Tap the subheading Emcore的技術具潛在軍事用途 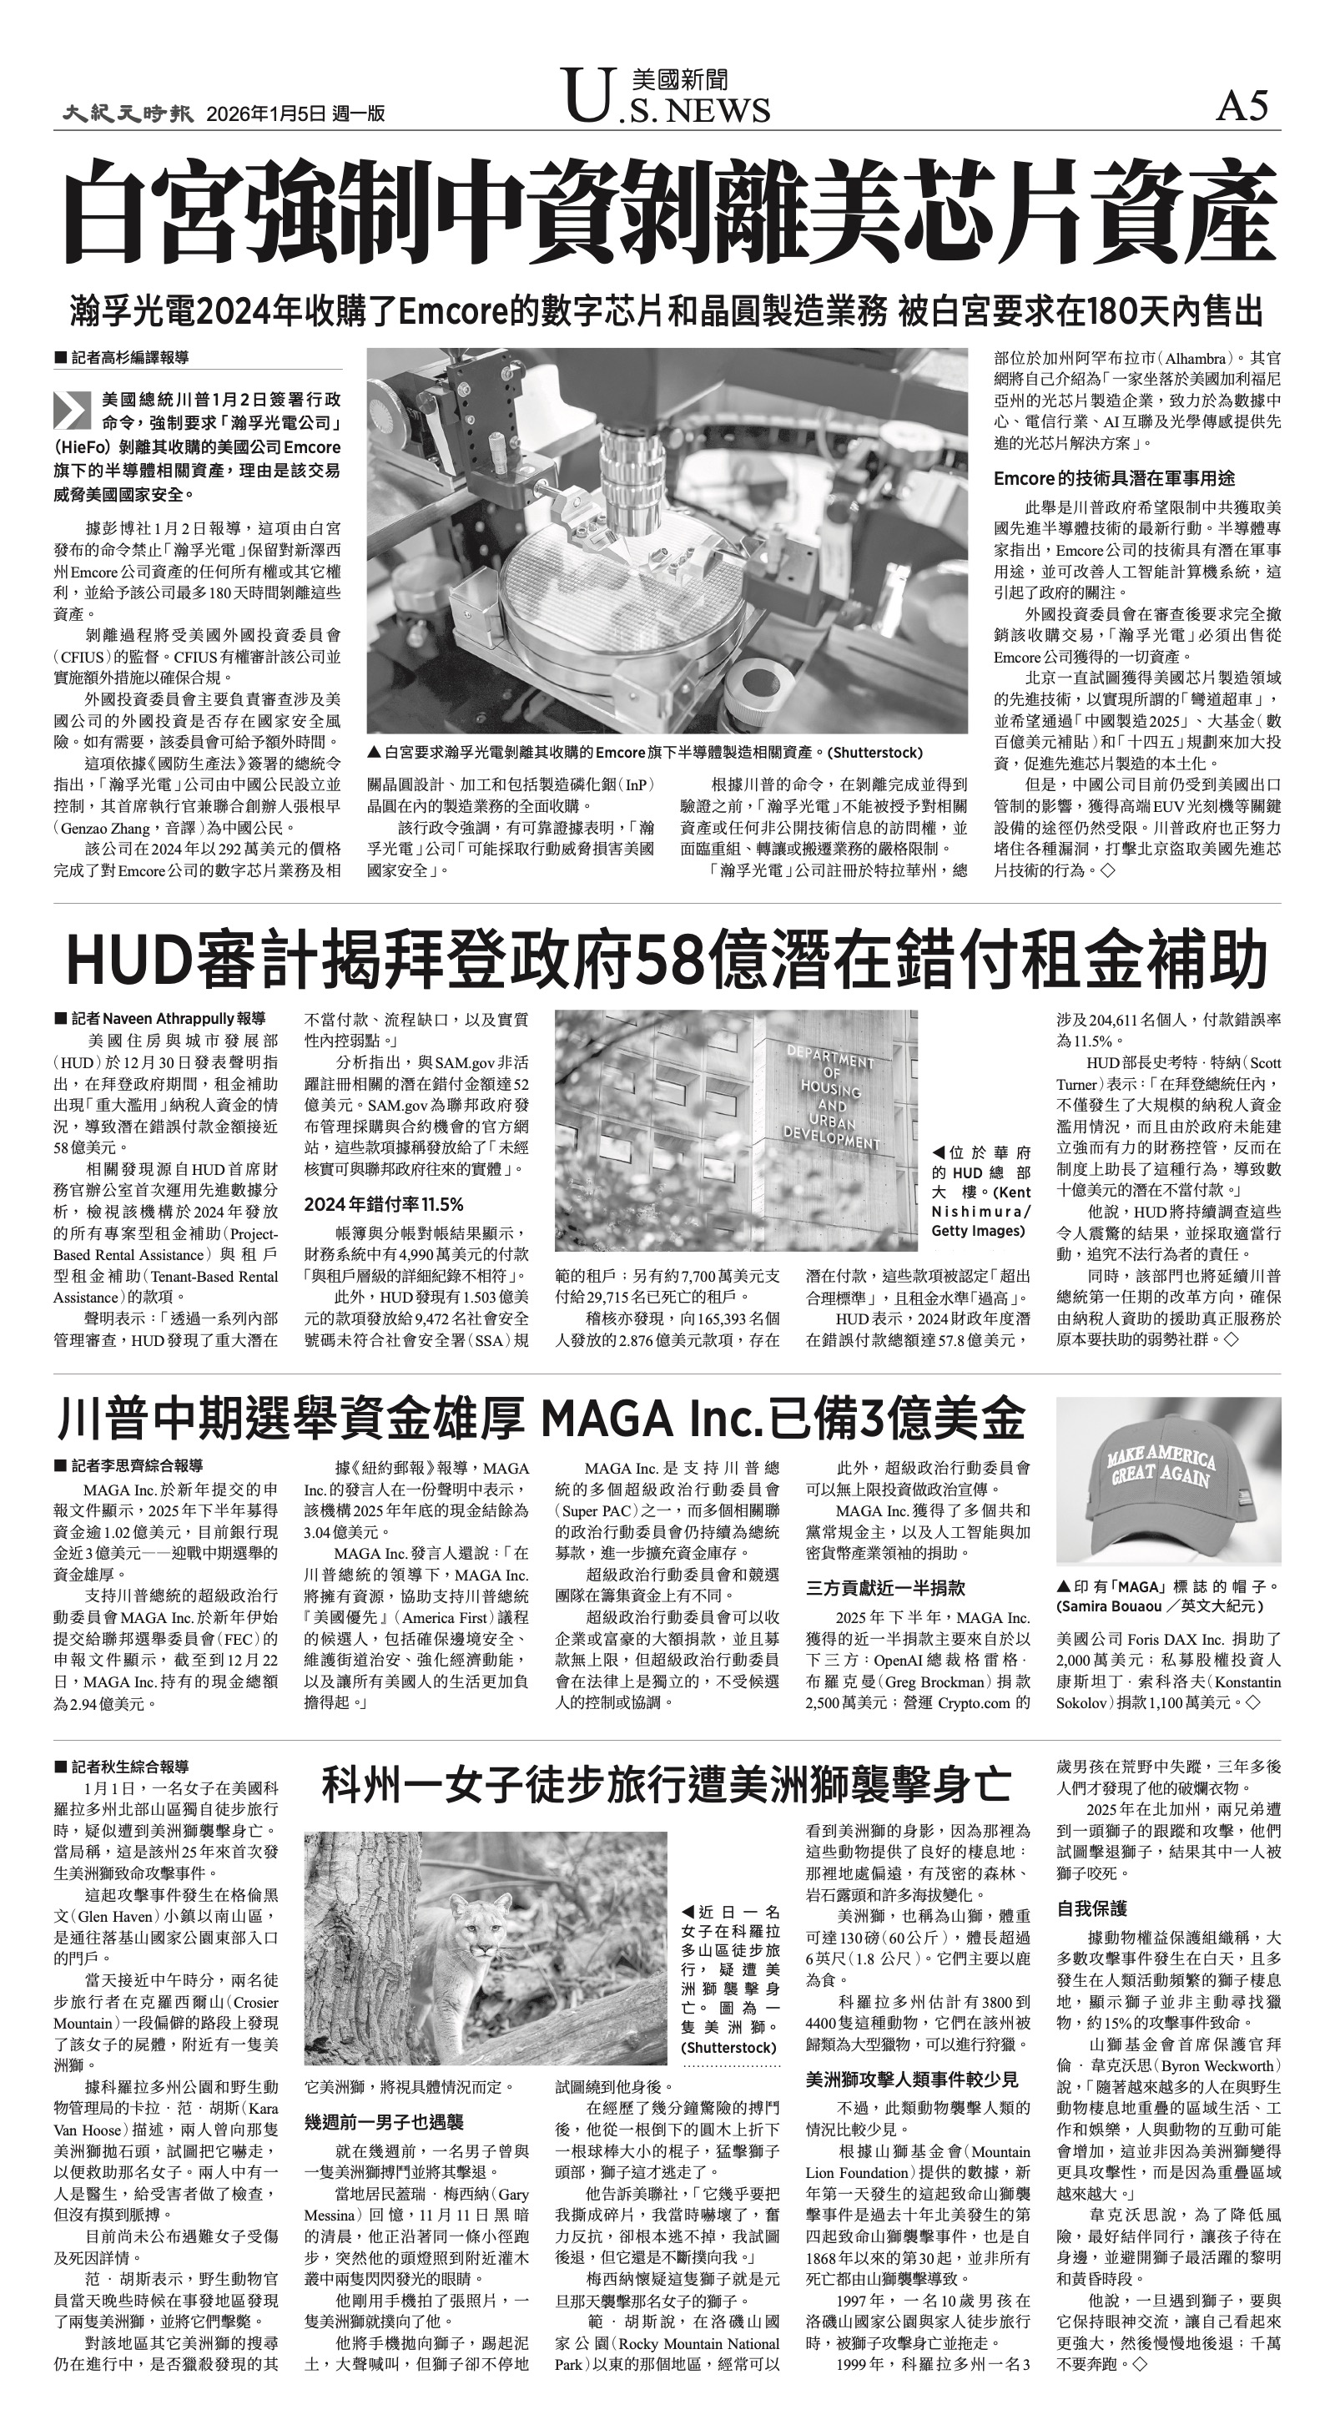[1113, 478]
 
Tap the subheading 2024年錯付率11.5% [383, 1205]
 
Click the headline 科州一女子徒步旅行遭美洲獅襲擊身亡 [666, 1783]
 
